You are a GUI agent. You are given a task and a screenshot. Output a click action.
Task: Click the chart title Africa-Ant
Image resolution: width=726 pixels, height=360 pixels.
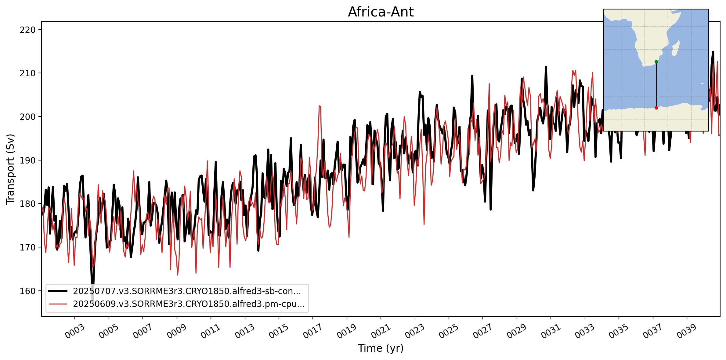pos(381,12)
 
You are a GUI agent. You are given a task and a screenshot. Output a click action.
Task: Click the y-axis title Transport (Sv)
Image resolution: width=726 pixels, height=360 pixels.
pos(10,169)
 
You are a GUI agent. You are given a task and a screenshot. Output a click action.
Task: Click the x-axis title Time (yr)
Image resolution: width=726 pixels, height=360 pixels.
pos(381,348)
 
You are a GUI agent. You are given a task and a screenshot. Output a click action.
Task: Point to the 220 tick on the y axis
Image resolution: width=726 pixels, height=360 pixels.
pos(28,30)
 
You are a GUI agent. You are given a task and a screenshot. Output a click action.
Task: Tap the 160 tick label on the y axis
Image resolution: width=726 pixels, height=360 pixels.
pos(28,291)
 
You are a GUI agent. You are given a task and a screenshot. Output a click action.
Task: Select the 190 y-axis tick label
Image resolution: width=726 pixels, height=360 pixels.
pos(28,160)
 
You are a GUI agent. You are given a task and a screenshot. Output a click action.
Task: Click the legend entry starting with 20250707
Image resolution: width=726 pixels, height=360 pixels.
pos(187,291)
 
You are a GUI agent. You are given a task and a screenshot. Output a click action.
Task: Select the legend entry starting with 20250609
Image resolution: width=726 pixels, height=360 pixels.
pos(189,304)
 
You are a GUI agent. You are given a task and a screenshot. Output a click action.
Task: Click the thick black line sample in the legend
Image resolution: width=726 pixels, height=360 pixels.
pos(58,291)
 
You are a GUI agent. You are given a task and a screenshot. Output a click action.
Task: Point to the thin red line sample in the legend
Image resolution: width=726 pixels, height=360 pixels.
pos(58,304)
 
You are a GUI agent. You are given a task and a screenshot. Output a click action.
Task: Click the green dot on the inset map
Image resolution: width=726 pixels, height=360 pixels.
pos(656,62)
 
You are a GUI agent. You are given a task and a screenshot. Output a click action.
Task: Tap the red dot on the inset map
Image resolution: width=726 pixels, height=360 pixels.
pos(656,108)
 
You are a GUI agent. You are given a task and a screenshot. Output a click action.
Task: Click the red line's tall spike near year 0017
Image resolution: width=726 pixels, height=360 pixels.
pos(320,106)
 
